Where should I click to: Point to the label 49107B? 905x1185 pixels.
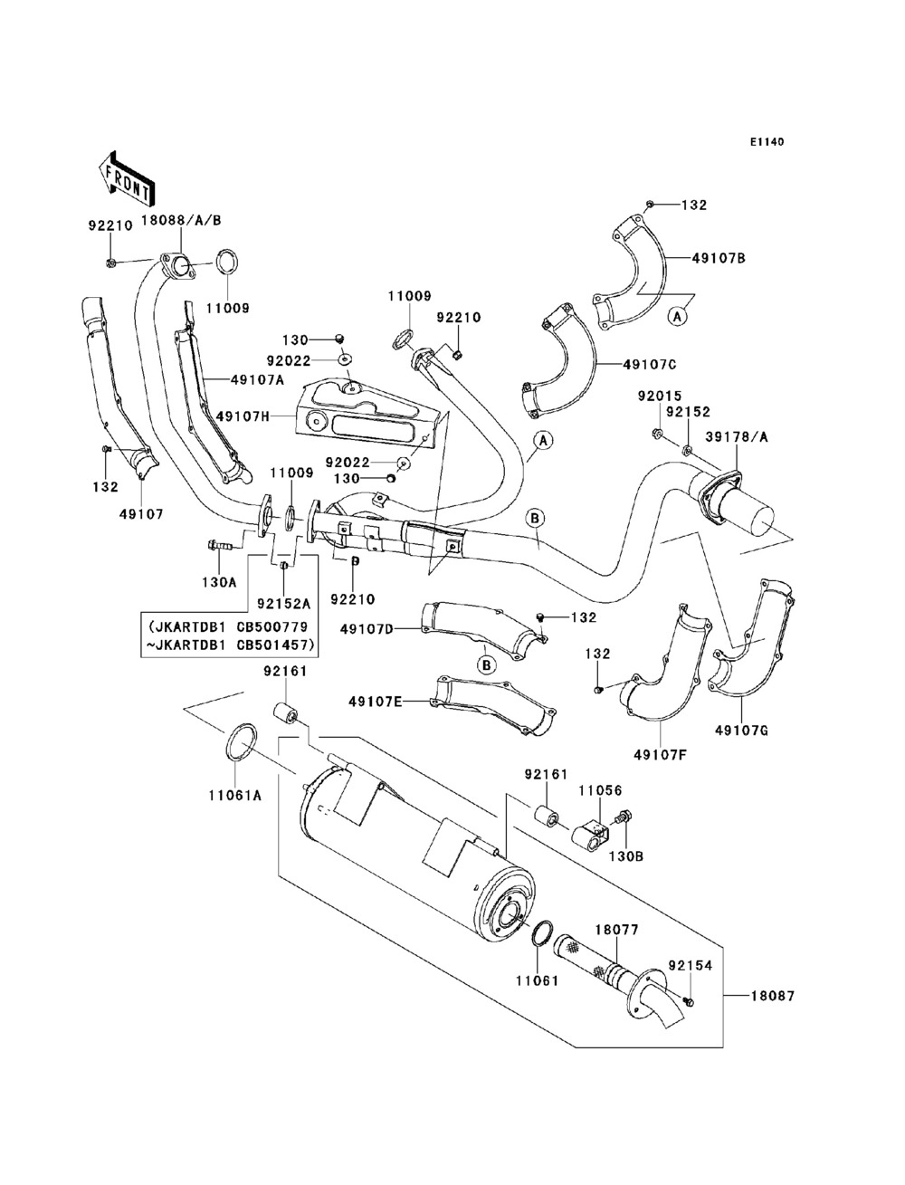pyautogui.click(x=719, y=259)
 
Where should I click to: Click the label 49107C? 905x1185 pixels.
pyautogui.click(x=650, y=365)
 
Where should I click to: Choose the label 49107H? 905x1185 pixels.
pyautogui.click(x=243, y=416)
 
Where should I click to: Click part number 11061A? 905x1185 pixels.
pyautogui.click(x=236, y=796)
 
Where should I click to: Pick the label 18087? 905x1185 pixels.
pyautogui.click(x=772, y=996)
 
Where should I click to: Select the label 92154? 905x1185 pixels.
pyautogui.click(x=691, y=966)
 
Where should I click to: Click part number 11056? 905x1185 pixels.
pyautogui.click(x=600, y=789)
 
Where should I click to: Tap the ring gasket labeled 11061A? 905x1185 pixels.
pyautogui.click(x=237, y=741)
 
